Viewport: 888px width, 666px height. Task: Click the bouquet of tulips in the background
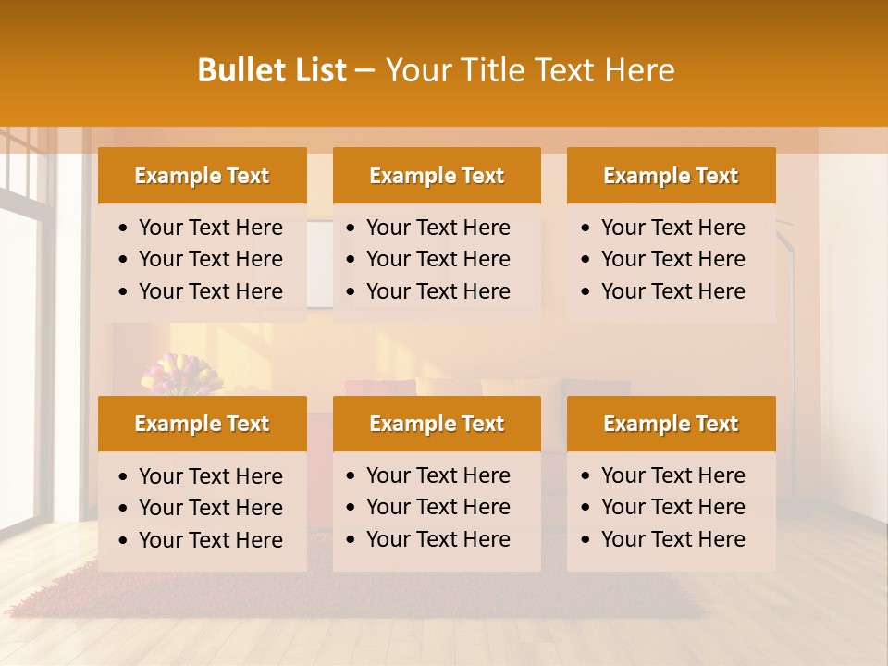click(180, 376)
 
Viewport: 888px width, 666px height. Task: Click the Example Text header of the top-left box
click(202, 176)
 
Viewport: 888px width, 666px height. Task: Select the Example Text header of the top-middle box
click(437, 176)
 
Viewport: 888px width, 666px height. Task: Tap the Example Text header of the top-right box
click(671, 176)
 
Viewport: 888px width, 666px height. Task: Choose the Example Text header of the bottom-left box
click(202, 424)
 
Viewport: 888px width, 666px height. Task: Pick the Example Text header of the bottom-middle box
click(437, 424)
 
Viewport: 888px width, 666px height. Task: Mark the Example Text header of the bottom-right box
click(671, 424)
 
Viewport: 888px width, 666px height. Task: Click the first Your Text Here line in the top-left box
click(211, 228)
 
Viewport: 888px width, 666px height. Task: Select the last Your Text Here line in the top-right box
click(673, 291)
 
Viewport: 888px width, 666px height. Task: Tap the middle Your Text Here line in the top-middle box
click(438, 259)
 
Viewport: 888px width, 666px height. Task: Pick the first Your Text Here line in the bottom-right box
click(673, 475)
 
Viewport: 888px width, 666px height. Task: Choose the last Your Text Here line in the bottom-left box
click(211, 540)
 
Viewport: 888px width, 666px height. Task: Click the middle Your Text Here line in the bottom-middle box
click(438, 507)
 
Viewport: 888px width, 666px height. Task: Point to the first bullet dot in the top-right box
click(586, 228)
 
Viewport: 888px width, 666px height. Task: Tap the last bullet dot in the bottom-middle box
click(351, 540)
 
